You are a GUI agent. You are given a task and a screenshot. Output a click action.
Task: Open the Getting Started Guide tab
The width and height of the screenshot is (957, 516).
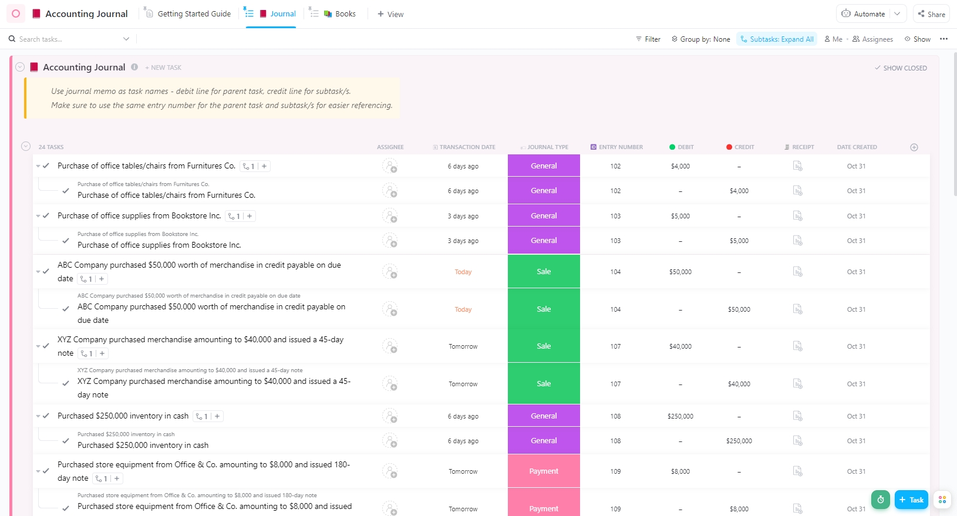pos(194,14)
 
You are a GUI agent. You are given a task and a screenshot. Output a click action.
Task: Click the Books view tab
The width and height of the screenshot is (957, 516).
pos(345,14)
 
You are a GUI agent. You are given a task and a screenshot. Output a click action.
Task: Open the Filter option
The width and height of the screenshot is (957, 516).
pos(648,39)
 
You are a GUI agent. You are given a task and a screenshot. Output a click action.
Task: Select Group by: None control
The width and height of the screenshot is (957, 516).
pos(701,39)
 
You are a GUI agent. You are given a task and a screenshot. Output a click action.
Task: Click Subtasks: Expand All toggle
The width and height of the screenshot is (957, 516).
pos(777,39)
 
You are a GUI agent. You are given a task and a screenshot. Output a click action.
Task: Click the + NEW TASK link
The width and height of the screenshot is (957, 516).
pos(163,68)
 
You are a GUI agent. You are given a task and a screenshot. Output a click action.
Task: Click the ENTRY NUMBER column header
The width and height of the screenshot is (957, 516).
pos(620,147)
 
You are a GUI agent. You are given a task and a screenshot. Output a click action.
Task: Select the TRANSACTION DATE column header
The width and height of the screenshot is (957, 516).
pos(467,147)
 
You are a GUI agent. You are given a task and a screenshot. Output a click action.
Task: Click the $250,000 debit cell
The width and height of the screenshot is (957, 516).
pos(680,416)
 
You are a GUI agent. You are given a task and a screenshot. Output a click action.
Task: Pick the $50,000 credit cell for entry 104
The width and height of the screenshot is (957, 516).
pos(739,309)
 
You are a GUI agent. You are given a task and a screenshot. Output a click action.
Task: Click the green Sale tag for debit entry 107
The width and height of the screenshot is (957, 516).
pos(544,346)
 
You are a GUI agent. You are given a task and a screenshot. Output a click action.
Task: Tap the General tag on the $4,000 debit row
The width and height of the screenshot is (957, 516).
pos(544,166)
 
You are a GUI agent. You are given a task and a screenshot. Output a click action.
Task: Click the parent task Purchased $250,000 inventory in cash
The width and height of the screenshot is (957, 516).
pos(123,416)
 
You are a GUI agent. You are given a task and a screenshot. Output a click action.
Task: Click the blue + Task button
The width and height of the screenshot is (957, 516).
pos(911,500)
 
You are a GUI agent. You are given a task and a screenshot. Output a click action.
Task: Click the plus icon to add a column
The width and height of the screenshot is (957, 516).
pos(914,147)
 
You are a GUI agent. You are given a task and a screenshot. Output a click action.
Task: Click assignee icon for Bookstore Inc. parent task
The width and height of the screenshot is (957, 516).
pos(390,216)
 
